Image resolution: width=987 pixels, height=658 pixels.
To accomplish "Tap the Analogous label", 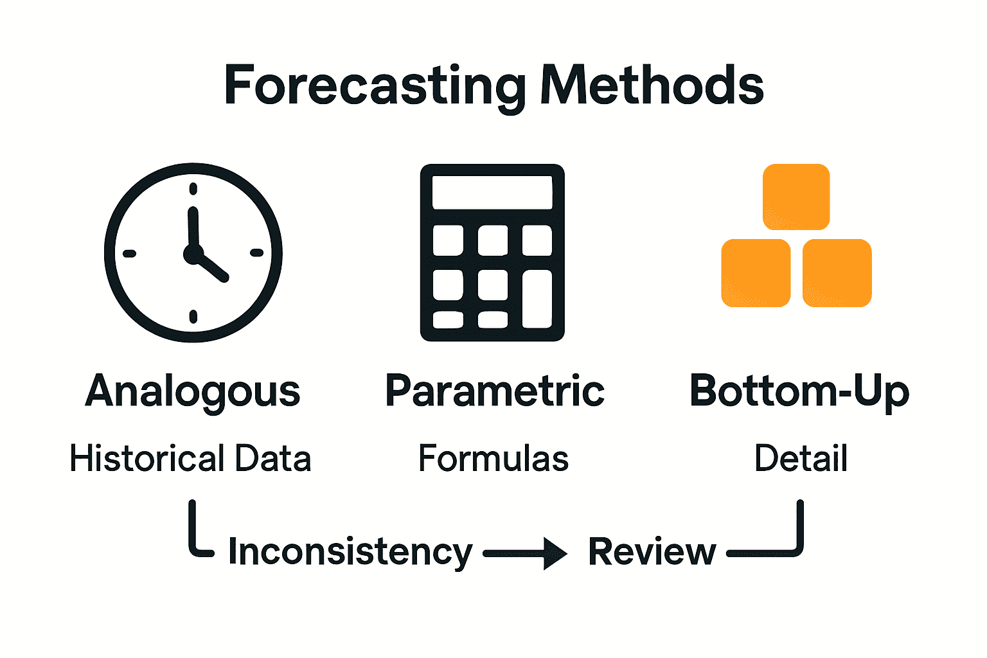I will click(x=193, y=391).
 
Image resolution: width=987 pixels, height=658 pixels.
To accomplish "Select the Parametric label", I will click(x=494, y=391).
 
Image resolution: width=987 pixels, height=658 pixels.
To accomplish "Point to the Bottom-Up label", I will click(x=799, y=391).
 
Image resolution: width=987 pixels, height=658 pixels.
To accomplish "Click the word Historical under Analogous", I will click(x=147, y=459).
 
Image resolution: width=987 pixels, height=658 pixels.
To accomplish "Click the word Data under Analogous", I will click(x=273, y=459).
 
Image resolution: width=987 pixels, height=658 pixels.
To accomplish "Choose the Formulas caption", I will click(x=493, y=459).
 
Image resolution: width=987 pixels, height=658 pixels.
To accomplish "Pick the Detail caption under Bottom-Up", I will click(x=801, y=459).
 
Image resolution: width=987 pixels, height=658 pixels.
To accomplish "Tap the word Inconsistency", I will click(x=350, y=553).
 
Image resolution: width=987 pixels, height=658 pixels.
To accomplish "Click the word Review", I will click(x=652, y=552).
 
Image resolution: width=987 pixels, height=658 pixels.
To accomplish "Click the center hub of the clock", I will click(x=193, y=254).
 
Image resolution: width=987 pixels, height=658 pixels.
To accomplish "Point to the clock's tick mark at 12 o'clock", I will click(x=193, y=189).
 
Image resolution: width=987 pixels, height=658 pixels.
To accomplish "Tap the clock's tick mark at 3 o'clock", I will click(x=256, y=253).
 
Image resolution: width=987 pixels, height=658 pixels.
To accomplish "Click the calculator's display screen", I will click(x=492, y=192).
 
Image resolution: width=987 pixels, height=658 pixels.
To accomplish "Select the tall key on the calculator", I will click(x=537, y=299).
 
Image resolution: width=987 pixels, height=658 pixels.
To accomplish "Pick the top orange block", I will click(x=796, y=197).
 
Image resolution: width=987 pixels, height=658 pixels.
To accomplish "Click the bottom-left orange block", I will click(x=756, y=273).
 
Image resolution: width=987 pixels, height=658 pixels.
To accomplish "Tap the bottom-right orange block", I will click(x=837, y=273).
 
